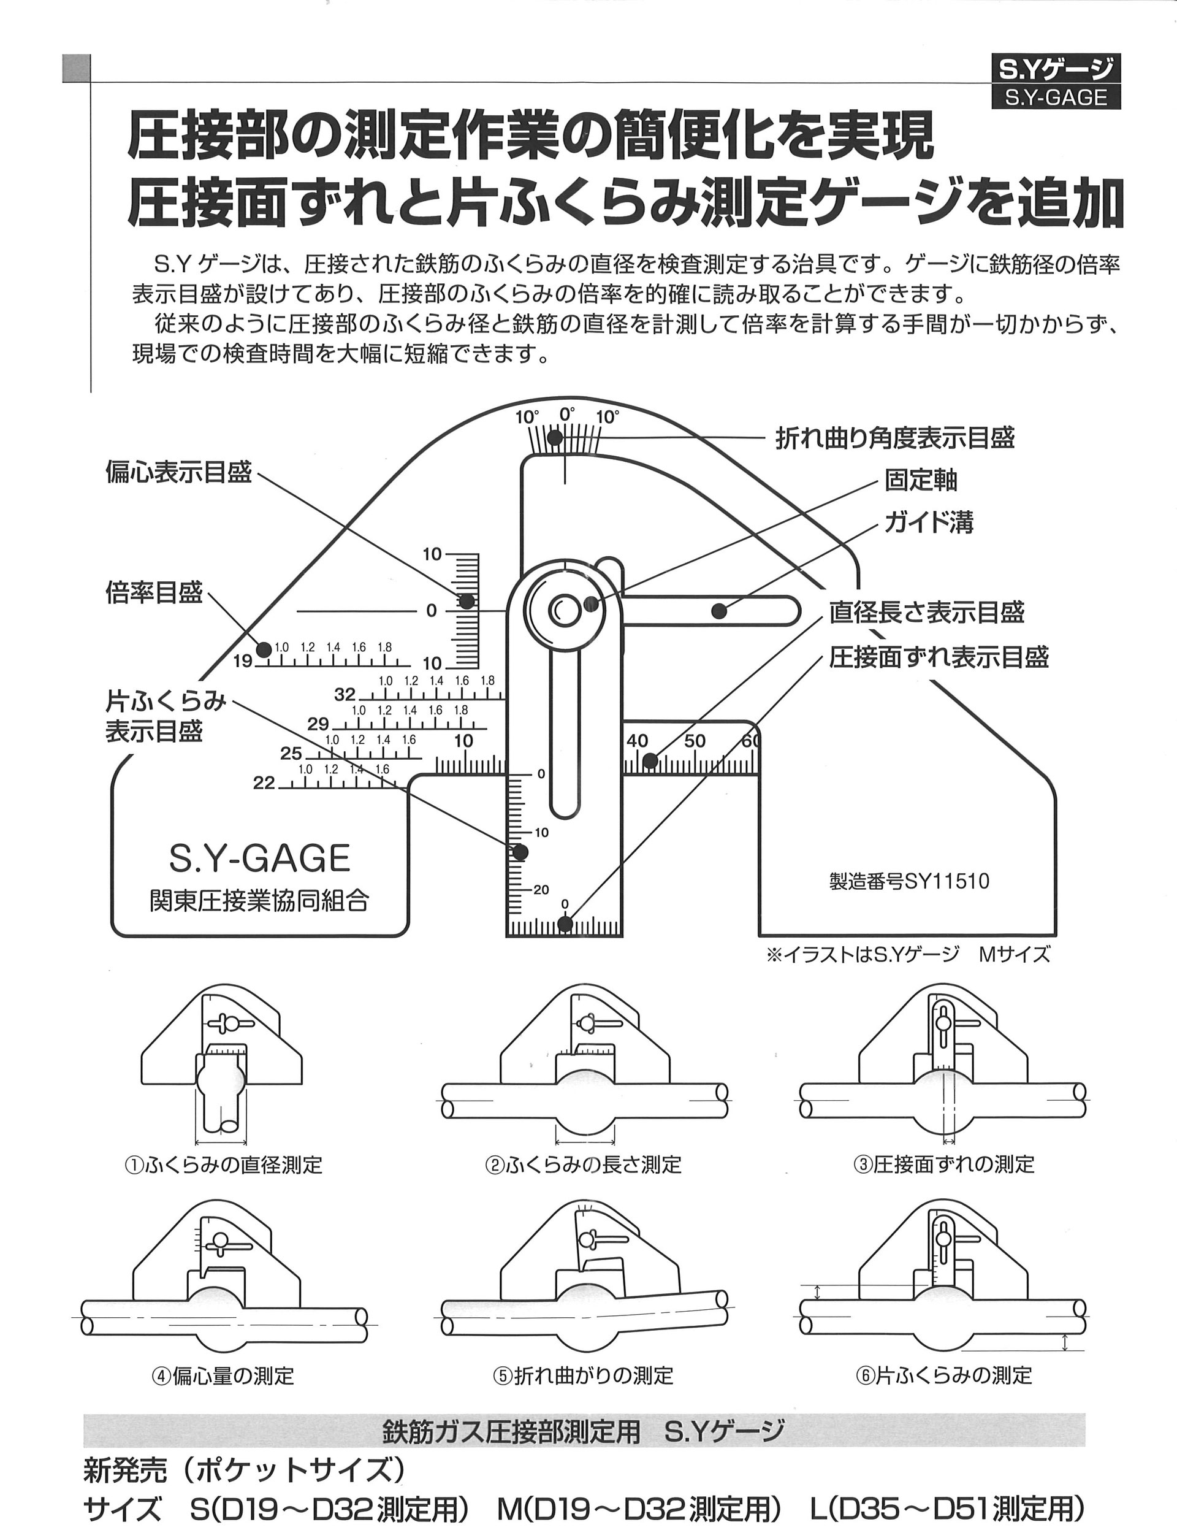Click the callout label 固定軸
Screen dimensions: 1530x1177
pyautogui.click(x=921, y=481)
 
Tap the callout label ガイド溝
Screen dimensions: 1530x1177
pyautogui.click(x=929, y=522)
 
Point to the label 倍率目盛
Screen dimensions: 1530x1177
pyautogui.click(x=154, y=592)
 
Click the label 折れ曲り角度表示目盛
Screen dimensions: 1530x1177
pyautogui.click(x=895, y=438)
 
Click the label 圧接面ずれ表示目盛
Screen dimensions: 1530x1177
pyautogui.click(x=939, y=657)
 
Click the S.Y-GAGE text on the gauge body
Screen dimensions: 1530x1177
pyautogui.click(x=260, y=858)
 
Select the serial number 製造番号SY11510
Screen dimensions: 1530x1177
pyautogui.click(x=910, y=881)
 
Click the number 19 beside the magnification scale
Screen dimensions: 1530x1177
pyautogui.click(x=242, y=660)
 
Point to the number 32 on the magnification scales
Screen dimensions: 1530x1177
pyautogui.click(x=345, y=694)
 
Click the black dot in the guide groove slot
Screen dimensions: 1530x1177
pyautogui.click(x=718, y=610)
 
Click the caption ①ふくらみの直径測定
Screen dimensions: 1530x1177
pyautogui.click(x=223, y=1165)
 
